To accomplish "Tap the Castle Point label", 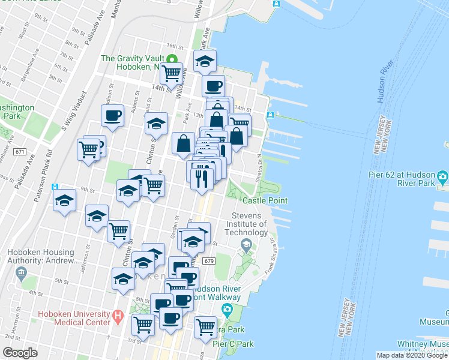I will (x=264, y=200).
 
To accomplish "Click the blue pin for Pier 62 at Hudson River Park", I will (x=443, y=178).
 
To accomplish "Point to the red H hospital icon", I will (x=118, y=314).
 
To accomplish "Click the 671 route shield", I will (x=20, y=152).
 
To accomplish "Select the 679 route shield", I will (x=208, y=261).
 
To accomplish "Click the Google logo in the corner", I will (x=20, y=353).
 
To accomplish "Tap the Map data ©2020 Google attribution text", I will (x=411, y=355).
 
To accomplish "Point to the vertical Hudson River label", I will (x=384, y=80).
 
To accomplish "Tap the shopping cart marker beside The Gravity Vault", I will (x=172, y=73).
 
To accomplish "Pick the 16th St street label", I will (x=175, y=46).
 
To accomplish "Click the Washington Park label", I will (x=11, y=111).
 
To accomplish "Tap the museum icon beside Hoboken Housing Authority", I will (x=22, y=274).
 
